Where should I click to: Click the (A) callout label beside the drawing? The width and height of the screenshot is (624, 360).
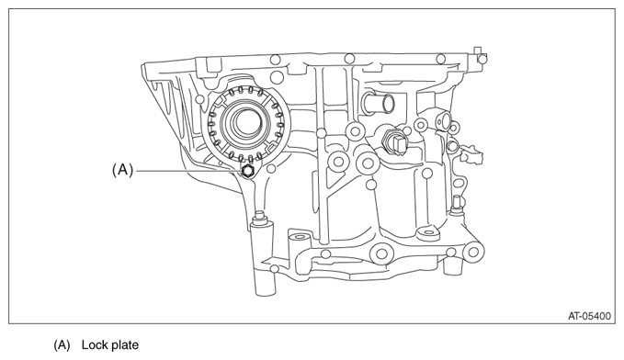(122, 170)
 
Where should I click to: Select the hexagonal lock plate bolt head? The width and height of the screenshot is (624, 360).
(247, 172)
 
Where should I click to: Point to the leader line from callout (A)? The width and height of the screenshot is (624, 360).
(188, 171)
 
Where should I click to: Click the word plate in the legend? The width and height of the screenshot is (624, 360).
(124, 345)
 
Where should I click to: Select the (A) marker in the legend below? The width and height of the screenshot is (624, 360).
(62, 345)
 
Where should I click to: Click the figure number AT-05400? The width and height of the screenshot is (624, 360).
(589, 316)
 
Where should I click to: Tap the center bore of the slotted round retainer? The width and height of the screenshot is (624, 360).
(244, 122)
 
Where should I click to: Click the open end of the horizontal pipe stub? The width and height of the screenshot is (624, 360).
(387, 104)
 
